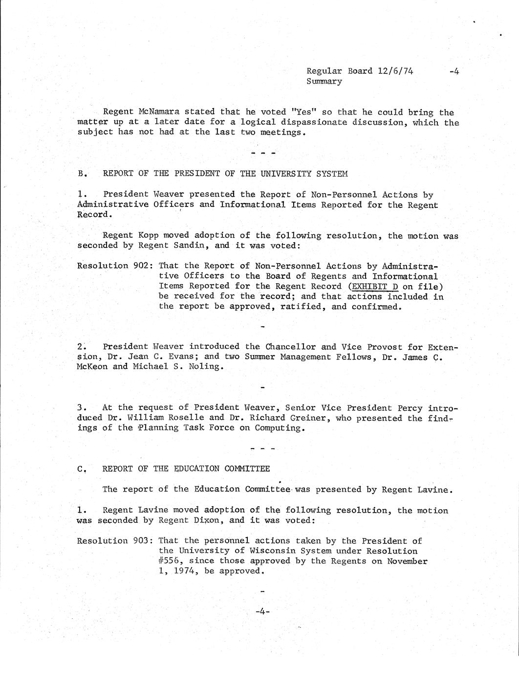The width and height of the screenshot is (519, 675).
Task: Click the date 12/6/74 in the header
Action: click(395, 71)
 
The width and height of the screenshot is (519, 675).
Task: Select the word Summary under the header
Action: click(324, 81)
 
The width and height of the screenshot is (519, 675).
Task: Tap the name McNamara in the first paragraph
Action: click(155, 112)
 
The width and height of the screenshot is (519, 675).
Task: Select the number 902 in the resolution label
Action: click(142, 266)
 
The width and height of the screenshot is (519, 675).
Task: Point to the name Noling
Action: click(204, 367)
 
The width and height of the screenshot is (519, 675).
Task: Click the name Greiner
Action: click(331, 418)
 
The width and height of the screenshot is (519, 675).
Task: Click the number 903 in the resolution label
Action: click(142, 541)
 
